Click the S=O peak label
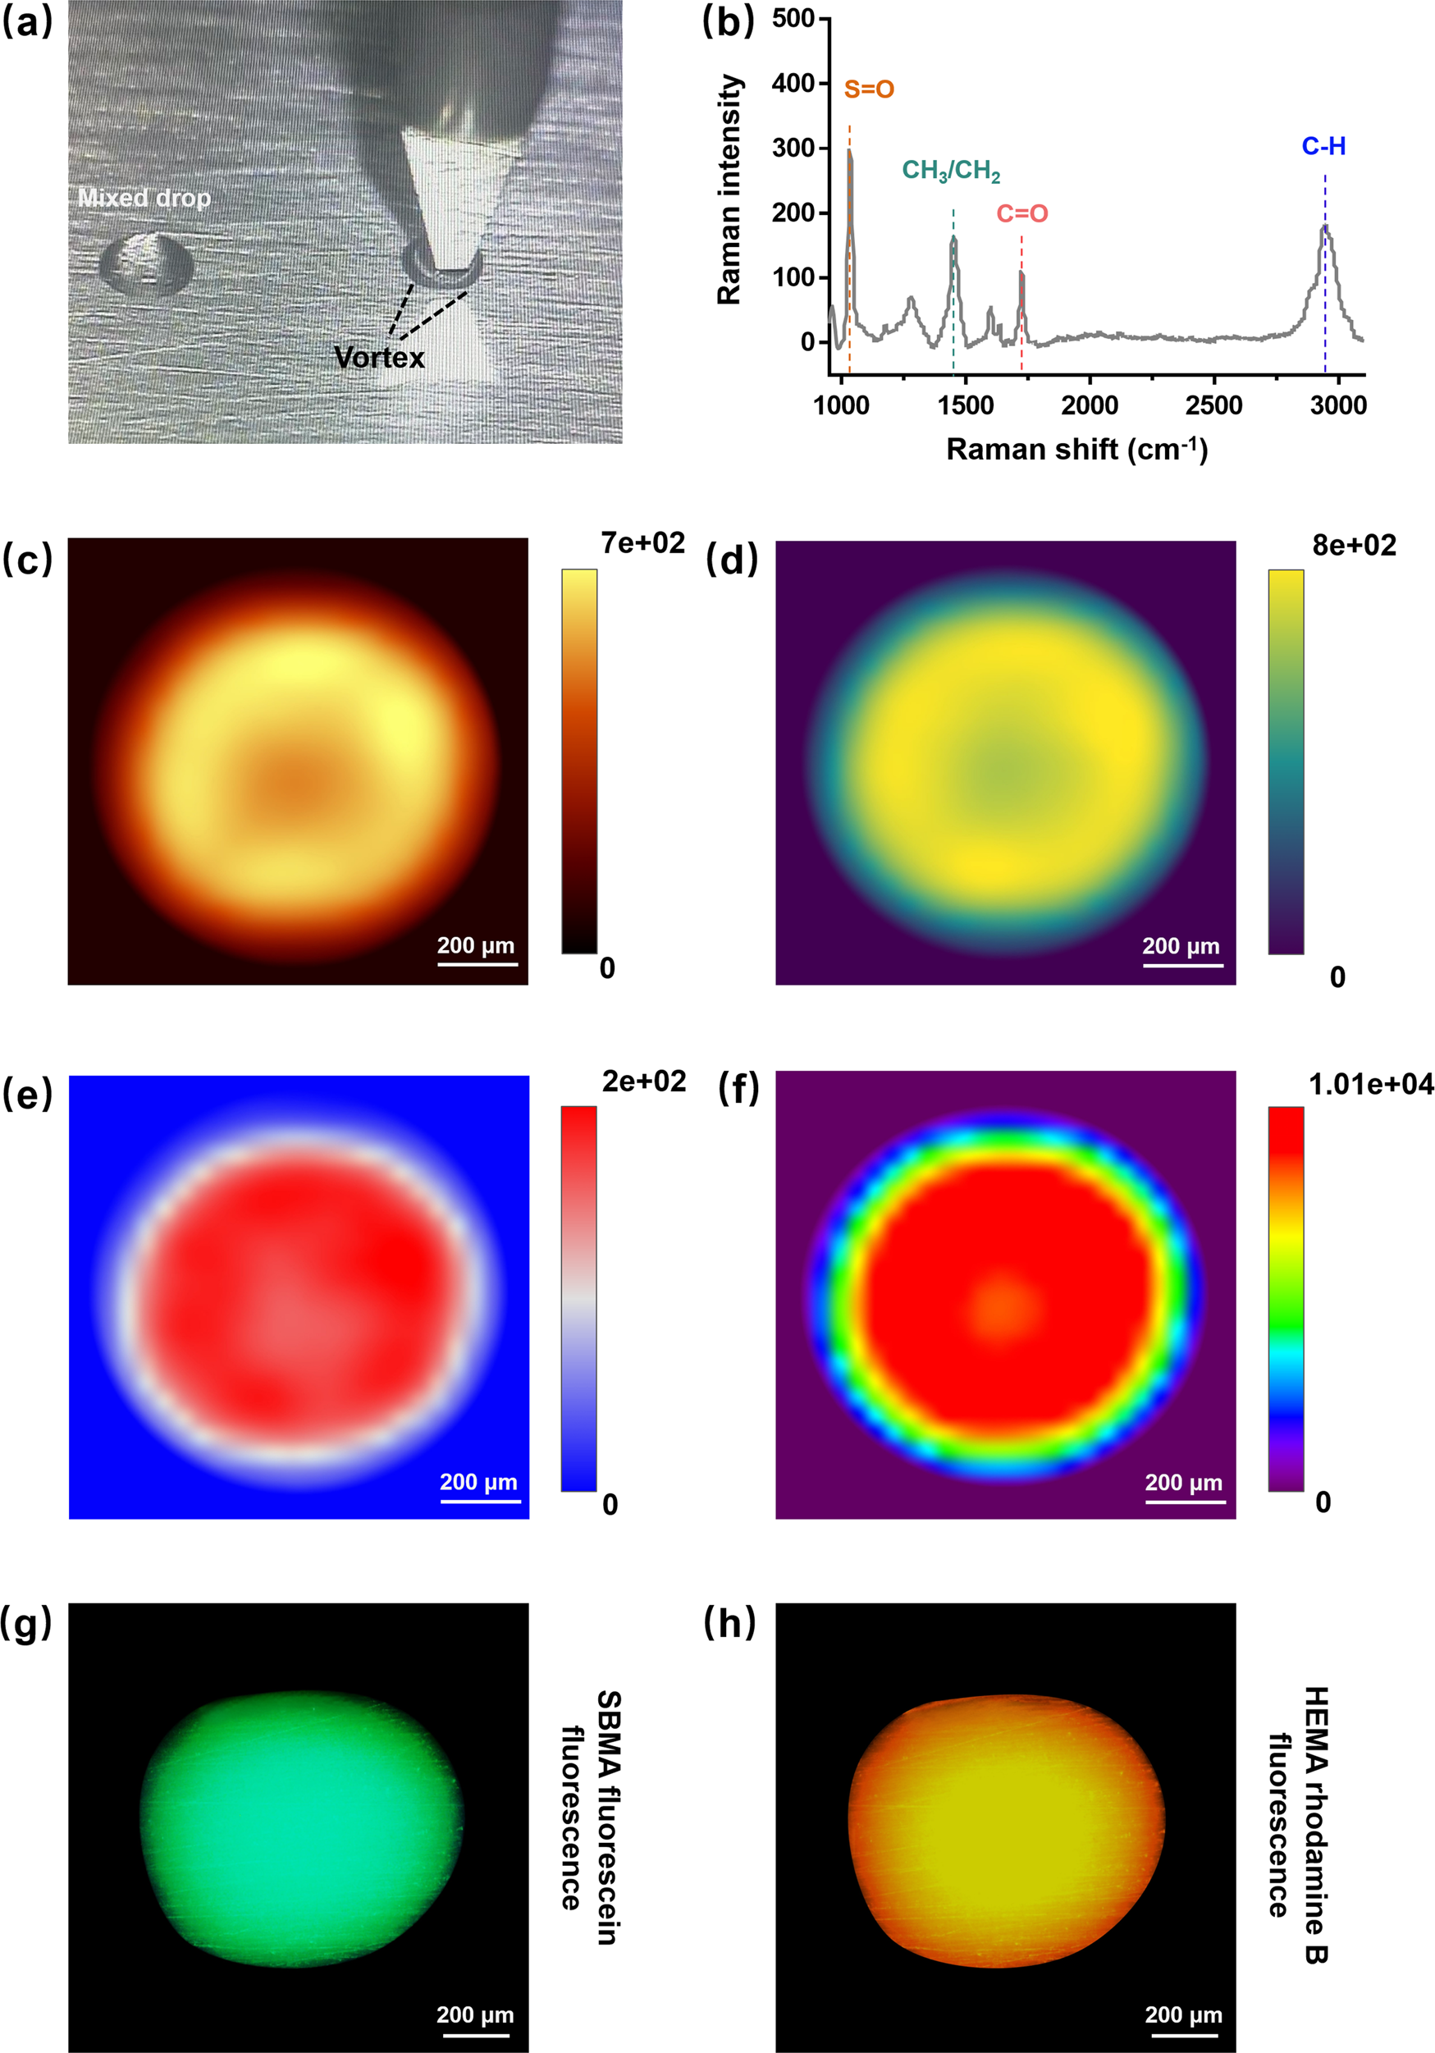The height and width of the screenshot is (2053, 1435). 868,89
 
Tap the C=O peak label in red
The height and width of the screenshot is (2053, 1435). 1022,213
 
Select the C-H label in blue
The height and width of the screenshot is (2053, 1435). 1323,147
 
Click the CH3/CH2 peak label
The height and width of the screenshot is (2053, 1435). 950,171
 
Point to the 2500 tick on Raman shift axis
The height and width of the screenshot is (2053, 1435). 1213,405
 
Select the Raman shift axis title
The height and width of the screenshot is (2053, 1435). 1076,449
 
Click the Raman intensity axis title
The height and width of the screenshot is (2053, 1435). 729,190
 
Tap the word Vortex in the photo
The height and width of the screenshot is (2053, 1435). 379,358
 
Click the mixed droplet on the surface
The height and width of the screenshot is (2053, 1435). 146,262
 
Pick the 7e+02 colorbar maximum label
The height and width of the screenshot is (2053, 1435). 643,542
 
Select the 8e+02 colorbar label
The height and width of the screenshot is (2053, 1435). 1354,546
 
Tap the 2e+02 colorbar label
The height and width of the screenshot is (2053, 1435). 644,1081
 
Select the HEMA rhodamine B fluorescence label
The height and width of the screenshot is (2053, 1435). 1297,1824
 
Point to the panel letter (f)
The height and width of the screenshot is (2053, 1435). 738,1091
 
